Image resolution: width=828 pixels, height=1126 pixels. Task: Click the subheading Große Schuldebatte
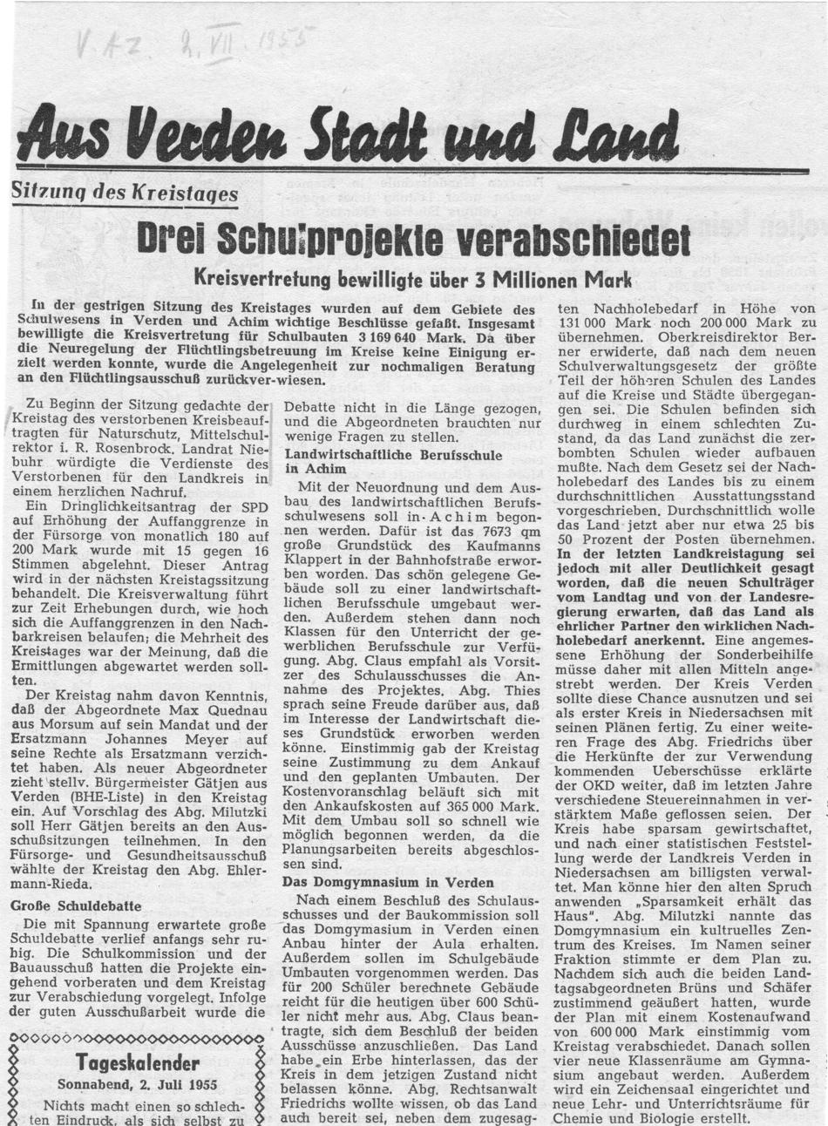pos(76,906)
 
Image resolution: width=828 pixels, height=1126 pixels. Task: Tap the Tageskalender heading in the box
pos(137,1063)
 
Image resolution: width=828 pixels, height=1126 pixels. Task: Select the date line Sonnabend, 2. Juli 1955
pos(137,1085)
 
